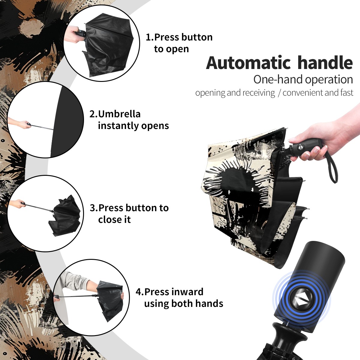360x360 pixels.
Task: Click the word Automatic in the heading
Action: coord(248,63)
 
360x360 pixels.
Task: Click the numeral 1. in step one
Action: coord(150,37)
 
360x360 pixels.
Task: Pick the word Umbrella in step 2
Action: coord(119,114)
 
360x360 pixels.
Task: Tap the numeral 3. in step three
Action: coord(94,208)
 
